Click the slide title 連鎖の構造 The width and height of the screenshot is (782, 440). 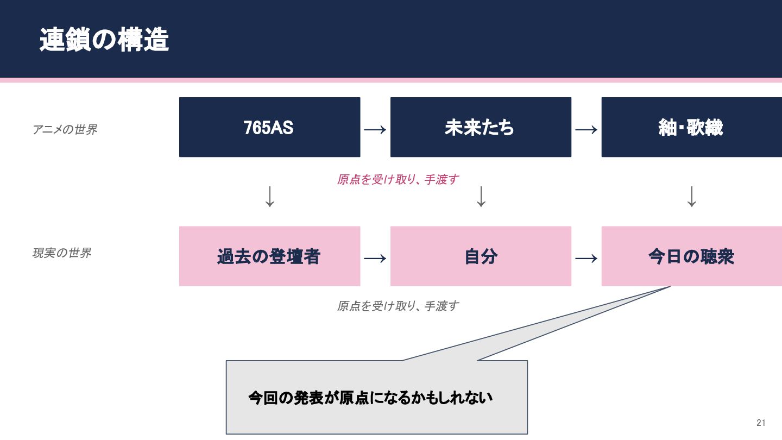pos(104,41)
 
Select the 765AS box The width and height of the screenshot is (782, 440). pos(269,127)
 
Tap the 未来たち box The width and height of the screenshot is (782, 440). pos(481,127)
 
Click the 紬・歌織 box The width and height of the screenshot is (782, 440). pos(691,127)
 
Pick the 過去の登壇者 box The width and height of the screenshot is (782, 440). pos(269,256)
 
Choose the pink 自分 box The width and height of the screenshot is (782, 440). pos(481,256)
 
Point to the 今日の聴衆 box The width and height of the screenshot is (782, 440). pos(691,256)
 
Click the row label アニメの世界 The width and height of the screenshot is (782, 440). pos(65,130)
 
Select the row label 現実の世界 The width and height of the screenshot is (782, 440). pos(62,253)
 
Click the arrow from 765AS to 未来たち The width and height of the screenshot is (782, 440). pos(375,129)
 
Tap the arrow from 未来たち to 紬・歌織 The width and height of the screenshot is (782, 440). pos(586,129)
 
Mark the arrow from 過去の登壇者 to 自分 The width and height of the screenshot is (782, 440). pos(375,258)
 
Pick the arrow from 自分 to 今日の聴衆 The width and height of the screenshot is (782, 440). pos(586,258)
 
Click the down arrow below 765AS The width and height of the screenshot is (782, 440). pos(270,197)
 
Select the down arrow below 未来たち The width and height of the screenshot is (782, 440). pos(481,197)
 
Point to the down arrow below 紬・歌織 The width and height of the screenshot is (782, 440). pos(691,197)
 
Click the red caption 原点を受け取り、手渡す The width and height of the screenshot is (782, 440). pos(398,179)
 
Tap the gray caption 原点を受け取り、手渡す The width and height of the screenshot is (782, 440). pos(398,306)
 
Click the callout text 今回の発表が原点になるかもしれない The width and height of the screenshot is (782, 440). pos(370,398)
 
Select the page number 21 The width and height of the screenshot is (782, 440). pos(760,423)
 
